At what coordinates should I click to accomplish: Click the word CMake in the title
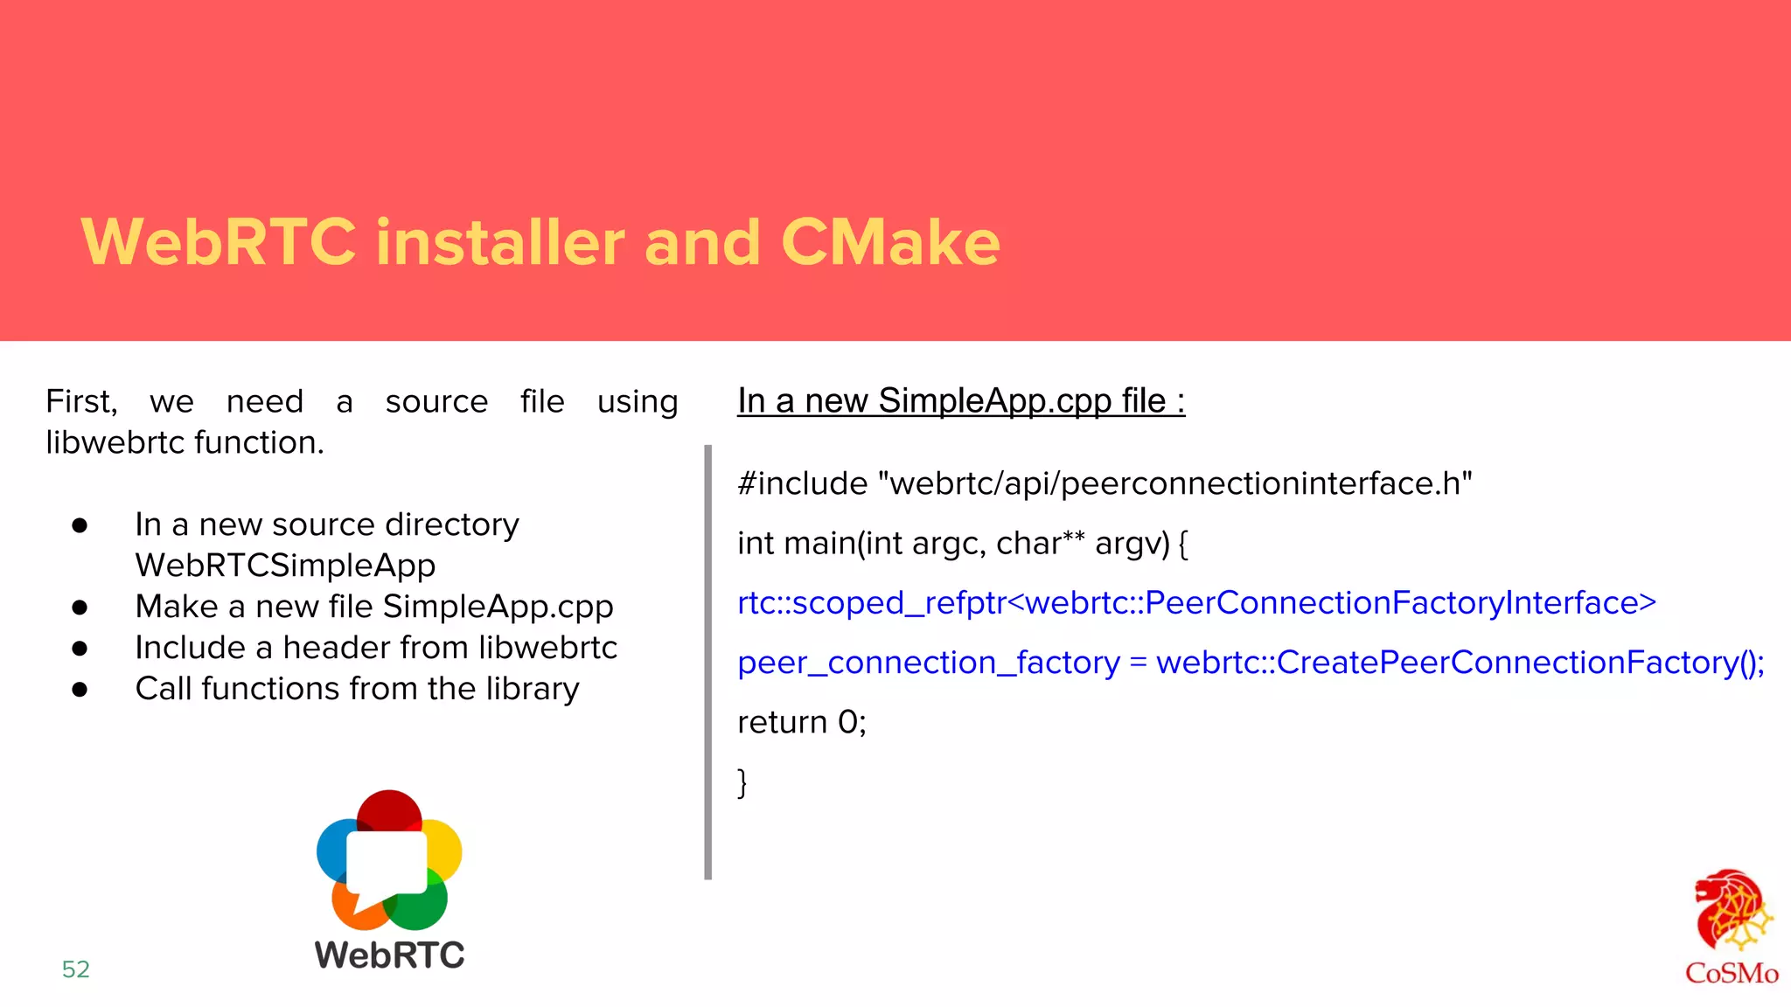(889, 242)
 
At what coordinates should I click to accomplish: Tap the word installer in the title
(499, 242)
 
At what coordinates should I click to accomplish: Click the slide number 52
(76, 969)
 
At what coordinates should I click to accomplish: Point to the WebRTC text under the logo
(390, 955)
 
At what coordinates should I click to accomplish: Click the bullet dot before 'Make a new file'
(80, 607)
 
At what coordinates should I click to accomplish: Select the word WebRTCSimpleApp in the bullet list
(285, 566)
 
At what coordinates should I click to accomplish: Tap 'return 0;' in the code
(801, 722)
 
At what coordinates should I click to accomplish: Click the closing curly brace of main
(742, 782)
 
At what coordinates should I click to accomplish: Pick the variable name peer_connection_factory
(928, 663)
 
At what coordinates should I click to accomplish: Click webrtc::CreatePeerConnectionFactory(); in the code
(1460, 663)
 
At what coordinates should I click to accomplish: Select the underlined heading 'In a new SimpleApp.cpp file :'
(960, 401)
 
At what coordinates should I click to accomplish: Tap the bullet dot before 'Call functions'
(80, 689)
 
